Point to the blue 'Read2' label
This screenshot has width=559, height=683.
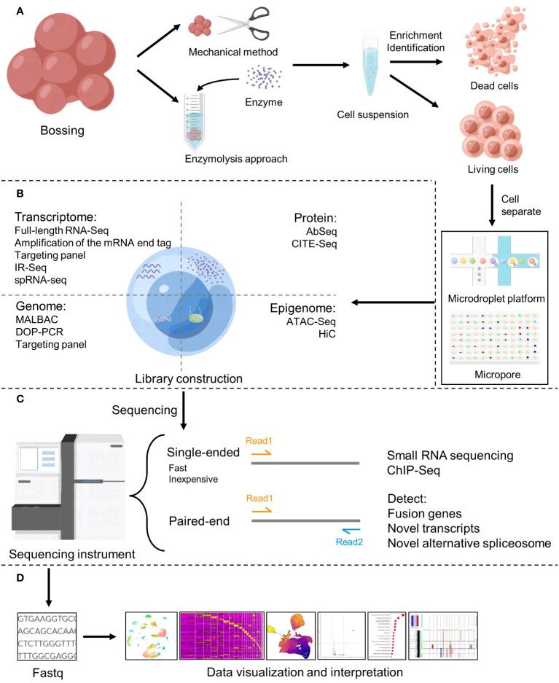pos(348,541)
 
